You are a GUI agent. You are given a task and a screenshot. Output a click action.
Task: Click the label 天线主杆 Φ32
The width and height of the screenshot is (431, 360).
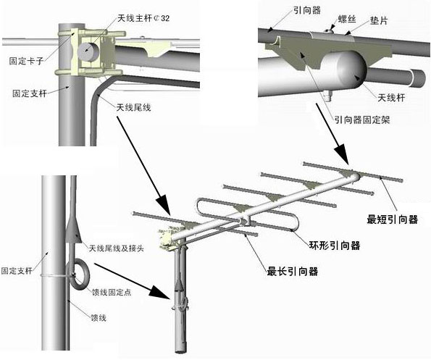pos(143,18)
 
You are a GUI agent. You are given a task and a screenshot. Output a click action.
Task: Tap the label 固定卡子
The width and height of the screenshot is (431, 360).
pos(26,61)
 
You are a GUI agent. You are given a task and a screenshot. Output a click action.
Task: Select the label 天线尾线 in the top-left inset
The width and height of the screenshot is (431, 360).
pos(133,107)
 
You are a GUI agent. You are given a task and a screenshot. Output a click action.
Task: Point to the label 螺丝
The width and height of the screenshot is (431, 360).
pos(347,19)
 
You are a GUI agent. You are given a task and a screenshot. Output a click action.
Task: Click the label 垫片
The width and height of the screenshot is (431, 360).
pos(379,20)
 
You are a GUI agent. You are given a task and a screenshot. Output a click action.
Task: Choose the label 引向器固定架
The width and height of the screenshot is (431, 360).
pos(362,120)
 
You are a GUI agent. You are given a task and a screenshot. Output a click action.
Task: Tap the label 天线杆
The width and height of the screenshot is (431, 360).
pos(391,98)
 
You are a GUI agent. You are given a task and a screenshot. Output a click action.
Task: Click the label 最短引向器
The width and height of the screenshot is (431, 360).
pos(392,219)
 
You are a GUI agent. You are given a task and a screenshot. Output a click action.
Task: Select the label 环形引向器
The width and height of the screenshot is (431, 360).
pos(335,245)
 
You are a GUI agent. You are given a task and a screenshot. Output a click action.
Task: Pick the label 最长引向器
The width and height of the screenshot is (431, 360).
pos(293,272)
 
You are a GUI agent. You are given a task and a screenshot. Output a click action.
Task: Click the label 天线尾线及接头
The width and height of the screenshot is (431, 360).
pos(117,248)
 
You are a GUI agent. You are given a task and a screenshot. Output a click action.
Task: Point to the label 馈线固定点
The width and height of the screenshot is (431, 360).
pos(112,292)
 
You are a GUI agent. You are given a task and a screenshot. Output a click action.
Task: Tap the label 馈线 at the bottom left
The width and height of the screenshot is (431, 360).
pos(99,318)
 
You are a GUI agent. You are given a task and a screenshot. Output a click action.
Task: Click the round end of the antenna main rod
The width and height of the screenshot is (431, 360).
pos(88,52)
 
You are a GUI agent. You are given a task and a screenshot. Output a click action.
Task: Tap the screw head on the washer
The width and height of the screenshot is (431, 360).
pos(328,30)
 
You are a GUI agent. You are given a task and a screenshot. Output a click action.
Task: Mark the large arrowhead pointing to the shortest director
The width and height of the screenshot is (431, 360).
pos(343,156)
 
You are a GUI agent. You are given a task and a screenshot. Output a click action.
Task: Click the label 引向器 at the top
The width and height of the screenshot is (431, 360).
pos(307,10)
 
